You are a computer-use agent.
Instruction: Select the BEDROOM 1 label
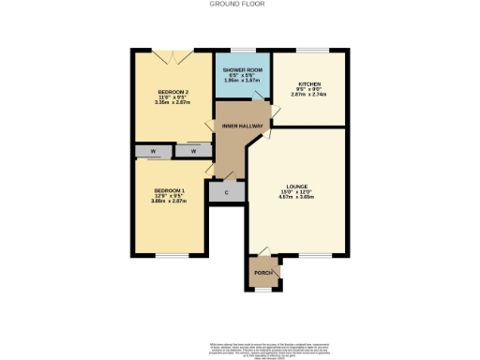(x=170, y=191)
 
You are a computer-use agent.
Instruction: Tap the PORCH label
(x=263, y=273)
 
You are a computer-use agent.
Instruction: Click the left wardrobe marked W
(x=150, y=151)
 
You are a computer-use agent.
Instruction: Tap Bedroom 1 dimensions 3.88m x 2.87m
(x=170, y=202)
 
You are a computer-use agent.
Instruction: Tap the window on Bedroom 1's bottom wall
(x=170, y=254)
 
